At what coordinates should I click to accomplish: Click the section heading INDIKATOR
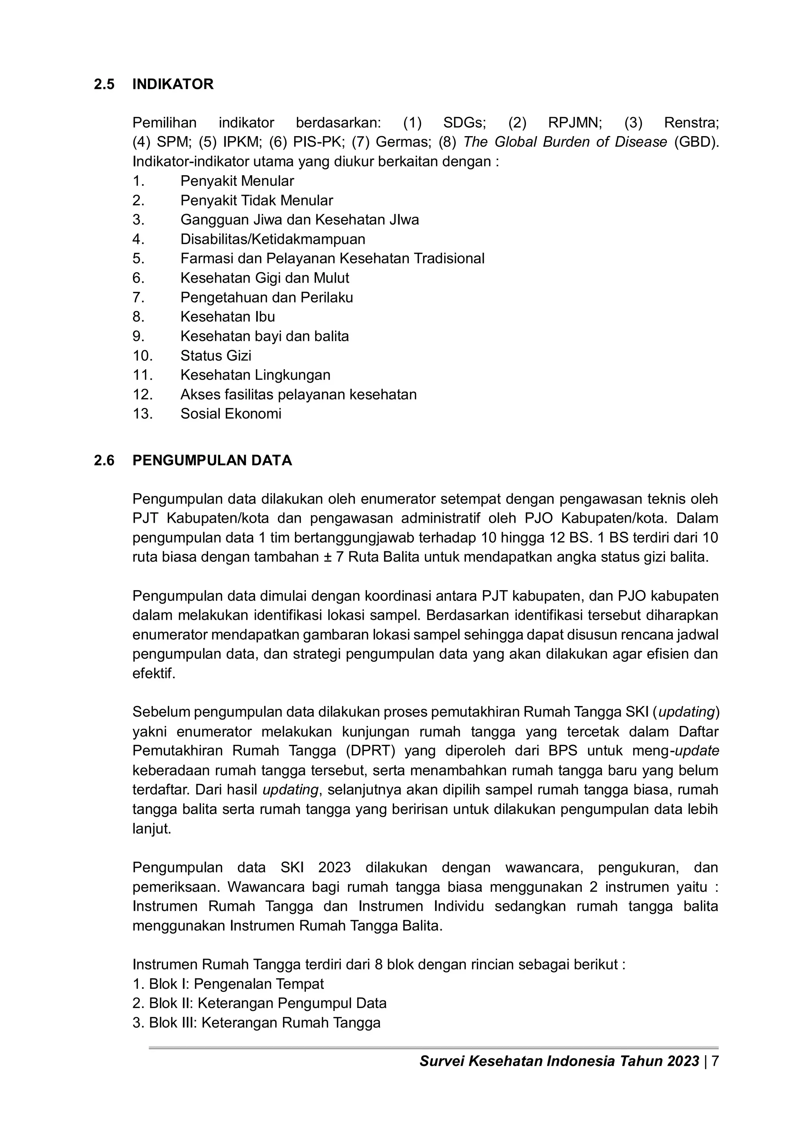(x=173, y=84)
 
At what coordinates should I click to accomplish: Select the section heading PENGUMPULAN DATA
(x=212, y=460)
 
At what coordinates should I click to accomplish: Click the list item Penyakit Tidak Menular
(x=257, y=200)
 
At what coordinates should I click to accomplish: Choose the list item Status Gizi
(x=215, y=356)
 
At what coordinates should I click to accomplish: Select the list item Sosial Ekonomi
(x=231, y=414)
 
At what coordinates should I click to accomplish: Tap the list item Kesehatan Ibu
(x=227, y=317)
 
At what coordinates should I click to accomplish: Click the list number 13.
(x=142, y=414)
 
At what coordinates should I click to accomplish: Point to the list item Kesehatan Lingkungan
(x=255, y=375)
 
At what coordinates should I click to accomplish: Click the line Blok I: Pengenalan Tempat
(x=228, y=984)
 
